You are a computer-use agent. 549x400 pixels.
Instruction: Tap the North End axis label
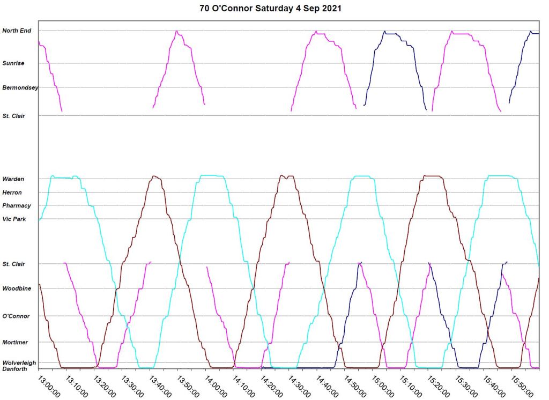(17, 31)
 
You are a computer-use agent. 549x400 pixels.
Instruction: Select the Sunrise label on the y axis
(13, 63)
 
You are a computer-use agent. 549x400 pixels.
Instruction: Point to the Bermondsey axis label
(20, 87)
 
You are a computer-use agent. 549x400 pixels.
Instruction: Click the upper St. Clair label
(14, 115)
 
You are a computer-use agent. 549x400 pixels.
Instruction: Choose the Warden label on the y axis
(13, 179)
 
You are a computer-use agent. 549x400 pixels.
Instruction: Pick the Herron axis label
(12, 192)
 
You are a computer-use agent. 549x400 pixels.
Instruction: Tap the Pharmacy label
(17, 205)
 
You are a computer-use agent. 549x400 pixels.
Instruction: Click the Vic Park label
(14, 219)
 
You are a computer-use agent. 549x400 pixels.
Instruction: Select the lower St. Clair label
(14, 264)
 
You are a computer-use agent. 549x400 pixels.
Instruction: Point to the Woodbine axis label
(17, 288)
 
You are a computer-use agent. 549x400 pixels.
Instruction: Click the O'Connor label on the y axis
(16, 316)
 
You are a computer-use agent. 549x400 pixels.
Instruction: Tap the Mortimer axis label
(16, 342)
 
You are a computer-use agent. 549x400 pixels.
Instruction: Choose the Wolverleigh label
(19, 362)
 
